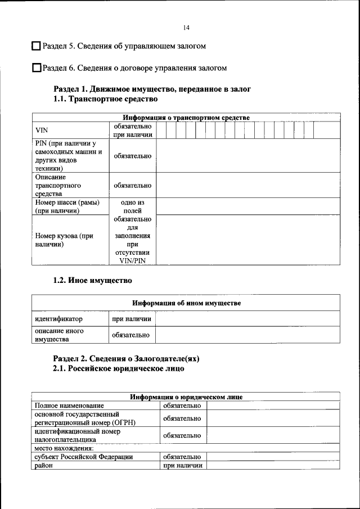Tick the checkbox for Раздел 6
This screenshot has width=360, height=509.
(x=37, y=68)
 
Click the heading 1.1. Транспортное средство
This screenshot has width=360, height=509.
(x=105, y=98)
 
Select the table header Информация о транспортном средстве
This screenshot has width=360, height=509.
(x=187, y=118)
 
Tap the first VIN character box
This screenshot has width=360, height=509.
(x=161, y=130)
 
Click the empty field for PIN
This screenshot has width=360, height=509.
(x=247, y=156)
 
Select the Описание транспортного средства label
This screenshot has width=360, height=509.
(x=58, y=185)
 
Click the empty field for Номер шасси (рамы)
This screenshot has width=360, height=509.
(x=247, y=206)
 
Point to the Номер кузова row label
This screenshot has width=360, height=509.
(x=64, y=240)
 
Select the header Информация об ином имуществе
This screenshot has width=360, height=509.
(x=187, y=303)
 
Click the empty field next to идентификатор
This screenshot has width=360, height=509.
(x=247, y=319)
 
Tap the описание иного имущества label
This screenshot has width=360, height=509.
(x=59, y=335)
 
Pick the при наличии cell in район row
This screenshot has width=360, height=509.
(x=182, y=465)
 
